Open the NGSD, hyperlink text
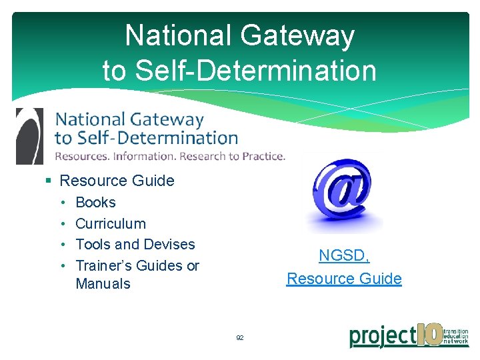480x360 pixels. pyautogui.click(x=344, y=255)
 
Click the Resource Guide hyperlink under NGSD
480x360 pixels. pyautogui.click(x=344, y=279)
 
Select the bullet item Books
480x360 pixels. pyautogui.click(x=95, y=202)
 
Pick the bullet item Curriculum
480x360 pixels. pyautogui.click(x=111, y=223)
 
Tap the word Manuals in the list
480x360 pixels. pyautogui.click(x=103, y=283)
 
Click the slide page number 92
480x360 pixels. pyautogui.click(x=240, y=338)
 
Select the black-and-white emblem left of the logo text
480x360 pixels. pyautogui.click(x=29, y=136)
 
